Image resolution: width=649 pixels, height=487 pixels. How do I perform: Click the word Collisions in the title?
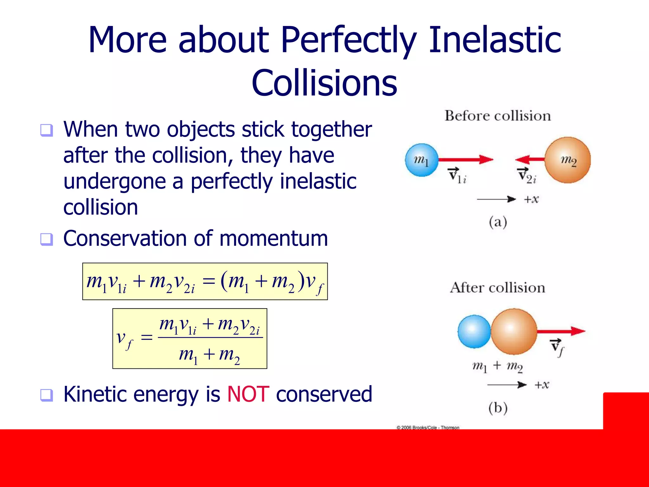tap(324, 83)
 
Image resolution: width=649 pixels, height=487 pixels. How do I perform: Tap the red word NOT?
tap(248, 394)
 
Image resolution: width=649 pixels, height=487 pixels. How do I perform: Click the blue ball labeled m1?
tap(421, 160)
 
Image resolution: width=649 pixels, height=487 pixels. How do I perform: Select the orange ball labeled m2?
tap(568, 160)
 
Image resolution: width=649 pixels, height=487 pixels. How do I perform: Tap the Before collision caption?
tap(498, 116)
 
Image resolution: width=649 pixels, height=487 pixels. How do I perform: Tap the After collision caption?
tap(498, 288)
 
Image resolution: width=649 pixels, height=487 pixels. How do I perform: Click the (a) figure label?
tap(498, 222)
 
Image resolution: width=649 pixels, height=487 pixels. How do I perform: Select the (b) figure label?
tap(498, 408)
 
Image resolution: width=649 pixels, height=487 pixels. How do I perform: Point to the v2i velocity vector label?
tap(526, 176)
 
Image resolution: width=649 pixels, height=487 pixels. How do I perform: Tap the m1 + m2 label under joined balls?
tap(497, 367)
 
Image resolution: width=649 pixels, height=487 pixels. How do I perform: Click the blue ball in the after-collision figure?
tap(474, 332)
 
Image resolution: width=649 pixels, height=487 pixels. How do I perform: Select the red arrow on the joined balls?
tap(561, 331)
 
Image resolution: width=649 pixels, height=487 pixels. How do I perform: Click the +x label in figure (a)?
tap(531, 199)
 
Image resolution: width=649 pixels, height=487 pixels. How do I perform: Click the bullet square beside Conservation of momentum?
tap(47, 239)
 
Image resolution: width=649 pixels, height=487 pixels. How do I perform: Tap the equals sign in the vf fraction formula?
tap(147, 337)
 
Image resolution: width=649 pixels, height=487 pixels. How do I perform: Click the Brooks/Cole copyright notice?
tap(428, 427)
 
